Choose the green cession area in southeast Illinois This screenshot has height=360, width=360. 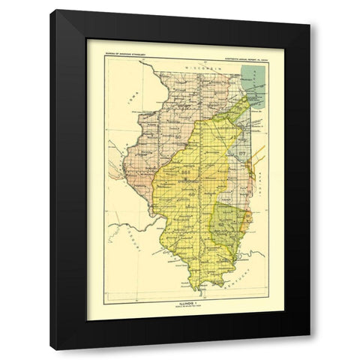(x=231, y=221)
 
